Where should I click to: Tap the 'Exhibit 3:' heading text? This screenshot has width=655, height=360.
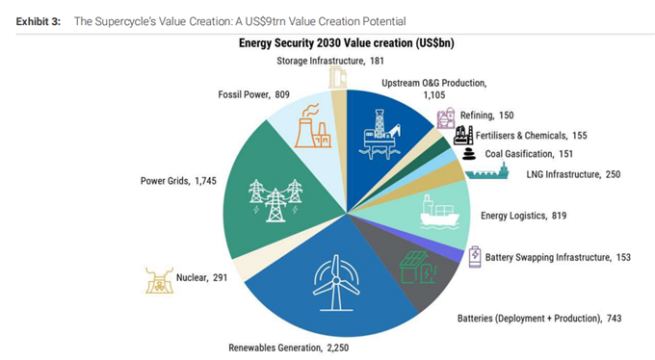(x=38, y=21)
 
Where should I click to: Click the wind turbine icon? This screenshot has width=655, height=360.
(x=336, y=283)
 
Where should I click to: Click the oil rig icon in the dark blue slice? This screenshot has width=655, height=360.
(x=380, y=134)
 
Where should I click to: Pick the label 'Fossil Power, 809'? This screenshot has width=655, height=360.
(x=253, y=94)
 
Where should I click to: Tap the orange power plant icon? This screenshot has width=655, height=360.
(x=312, y=126)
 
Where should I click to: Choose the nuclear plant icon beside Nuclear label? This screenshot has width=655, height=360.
(x=159, y=280)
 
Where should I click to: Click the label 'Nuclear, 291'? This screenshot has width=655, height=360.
(x=201, y=278)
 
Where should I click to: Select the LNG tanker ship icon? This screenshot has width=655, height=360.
(x=487, y=170)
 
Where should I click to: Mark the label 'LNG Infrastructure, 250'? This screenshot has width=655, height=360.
(x=573, y=174)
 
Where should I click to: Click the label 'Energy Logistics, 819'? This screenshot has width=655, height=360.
(x=523, y=216)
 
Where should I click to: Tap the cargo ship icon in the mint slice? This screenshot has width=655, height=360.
(x=439, y=212)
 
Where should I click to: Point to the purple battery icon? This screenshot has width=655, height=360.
(x=475, y=257)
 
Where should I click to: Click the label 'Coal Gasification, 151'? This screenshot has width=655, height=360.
(x=529, y=154)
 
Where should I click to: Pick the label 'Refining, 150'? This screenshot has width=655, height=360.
(x=487, y=116)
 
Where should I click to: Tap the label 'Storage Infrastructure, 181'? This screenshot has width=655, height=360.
(x=330, y=61)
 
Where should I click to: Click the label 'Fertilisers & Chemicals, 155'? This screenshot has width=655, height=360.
(x=532, y=136)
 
